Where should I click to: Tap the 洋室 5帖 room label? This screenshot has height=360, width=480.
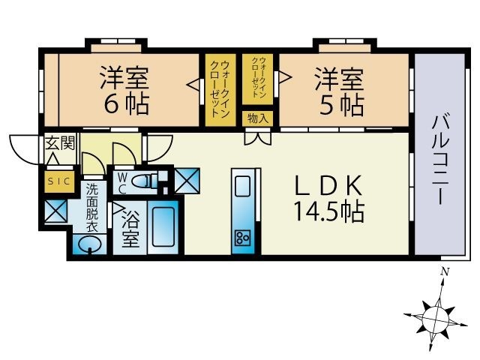pos(339,89)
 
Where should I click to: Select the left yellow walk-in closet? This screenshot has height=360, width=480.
pos(219,89)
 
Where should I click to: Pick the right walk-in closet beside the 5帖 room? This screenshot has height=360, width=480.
pos(259,80)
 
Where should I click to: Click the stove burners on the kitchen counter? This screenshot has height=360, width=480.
pos(243,238)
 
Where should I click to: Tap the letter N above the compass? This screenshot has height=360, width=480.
pos(445,271)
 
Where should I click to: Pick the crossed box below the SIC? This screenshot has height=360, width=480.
pos(56,211)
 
